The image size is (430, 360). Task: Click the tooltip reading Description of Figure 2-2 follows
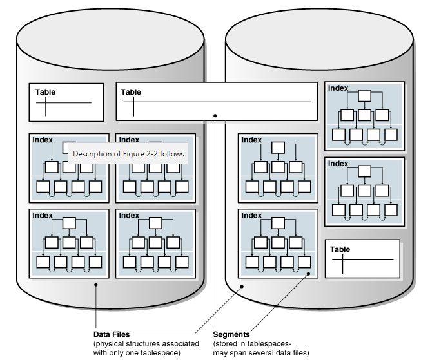pos(128,154)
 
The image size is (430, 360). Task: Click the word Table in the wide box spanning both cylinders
pos(131,93)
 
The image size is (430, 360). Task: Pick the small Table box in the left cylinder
pos(66,102)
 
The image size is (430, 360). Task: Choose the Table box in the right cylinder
pos(362,258)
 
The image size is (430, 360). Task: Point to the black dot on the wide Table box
pos(215,117)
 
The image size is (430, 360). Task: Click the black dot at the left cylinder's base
pos(95,285)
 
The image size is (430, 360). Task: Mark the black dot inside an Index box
pos(310,274)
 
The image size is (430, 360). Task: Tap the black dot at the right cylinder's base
pos(241,287)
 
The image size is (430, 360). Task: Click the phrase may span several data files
pos(261,352)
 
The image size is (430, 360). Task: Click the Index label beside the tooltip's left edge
pos(43,140)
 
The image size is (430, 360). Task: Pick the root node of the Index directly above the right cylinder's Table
pos(365,171)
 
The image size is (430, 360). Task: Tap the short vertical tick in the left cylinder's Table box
pos(46,106)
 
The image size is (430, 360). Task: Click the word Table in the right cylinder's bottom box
pos(340,249)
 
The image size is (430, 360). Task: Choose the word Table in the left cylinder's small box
pos(45,92)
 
